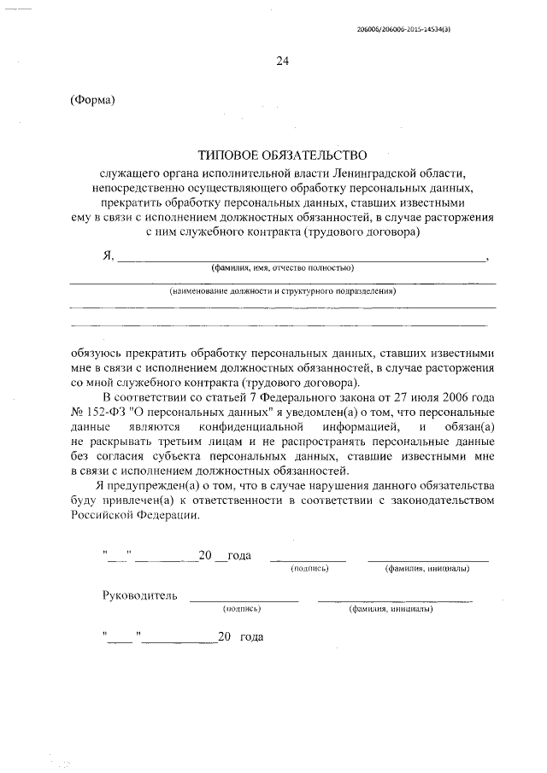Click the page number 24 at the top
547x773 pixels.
click(x=282, y=61)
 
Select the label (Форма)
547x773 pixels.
click(x=91, y=100)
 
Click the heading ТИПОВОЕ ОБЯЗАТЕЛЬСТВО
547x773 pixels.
click(x=282, y=155)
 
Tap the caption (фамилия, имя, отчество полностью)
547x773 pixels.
click(x=283, y=268)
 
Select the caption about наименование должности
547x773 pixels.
click(x=282, y=291)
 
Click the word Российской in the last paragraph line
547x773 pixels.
click(x=106, y=516)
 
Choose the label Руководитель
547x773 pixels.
click(x=139, y=595)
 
